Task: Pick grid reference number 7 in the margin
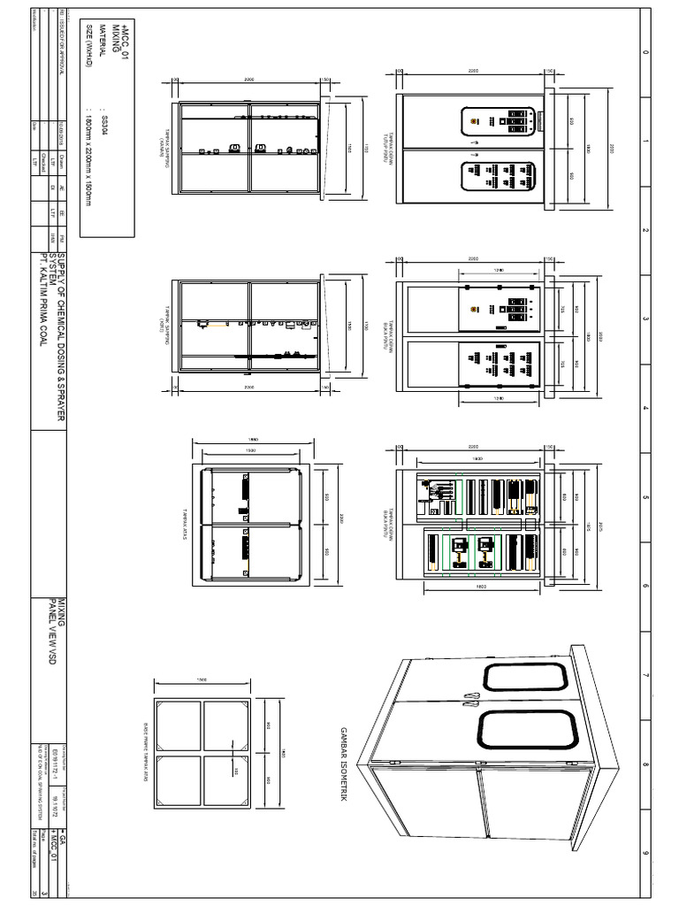tap(645, 676)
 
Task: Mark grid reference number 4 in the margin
tap(645, 408)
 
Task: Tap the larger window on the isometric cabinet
tap(528, 735)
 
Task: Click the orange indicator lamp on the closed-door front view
tap(474, 121)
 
